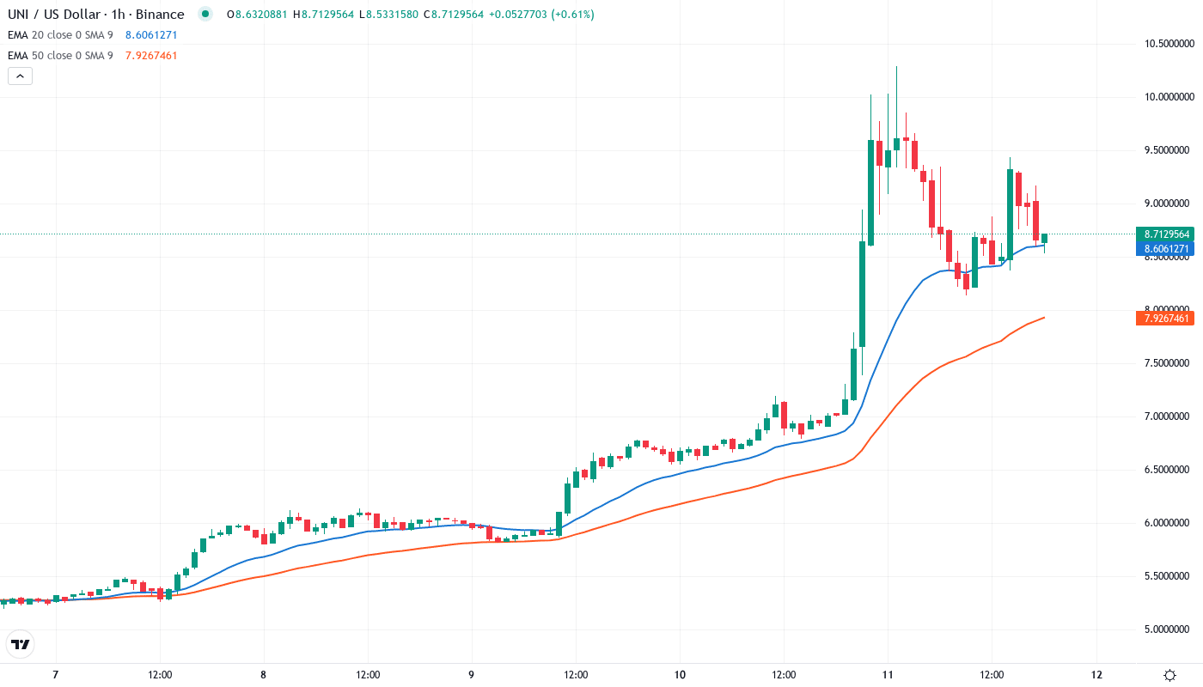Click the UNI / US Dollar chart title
[x=95, y=15]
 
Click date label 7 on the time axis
[x=55, y=675]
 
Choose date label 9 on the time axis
[x=472, y=675]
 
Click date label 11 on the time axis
[x=889, y=675]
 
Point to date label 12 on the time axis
[x=1096, y=675]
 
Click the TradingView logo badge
[x=21, y=644]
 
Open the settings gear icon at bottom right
[x=1169, y=675]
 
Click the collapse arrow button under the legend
[x=21, y=76]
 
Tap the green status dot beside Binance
[x=205, y=15]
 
